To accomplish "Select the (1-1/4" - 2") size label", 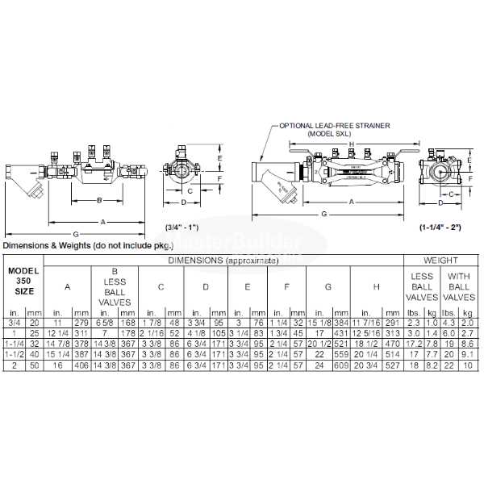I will click(x=440, y=228).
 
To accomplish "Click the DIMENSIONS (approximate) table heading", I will click(x=223, y=261).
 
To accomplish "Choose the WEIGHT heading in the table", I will click(x=441, y=261).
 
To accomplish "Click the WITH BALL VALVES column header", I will click(x=459, y=286).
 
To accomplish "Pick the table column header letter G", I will click(x=328, y=286).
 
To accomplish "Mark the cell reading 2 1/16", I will click(x=152, y=333).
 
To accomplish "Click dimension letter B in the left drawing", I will click(x=98, y=199).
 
